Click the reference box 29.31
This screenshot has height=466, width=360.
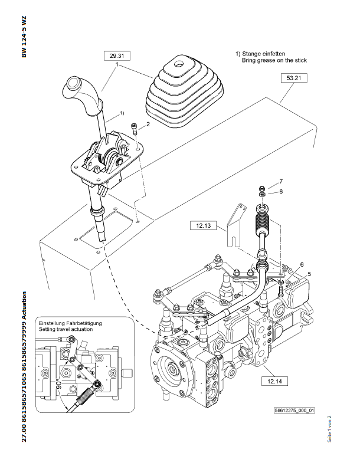[x=116, y=56]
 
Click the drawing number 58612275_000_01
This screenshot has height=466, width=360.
[x=295, y=410]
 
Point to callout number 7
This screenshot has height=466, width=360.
[x=282, y=181]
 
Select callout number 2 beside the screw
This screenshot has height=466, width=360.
[x=148, y=124]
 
